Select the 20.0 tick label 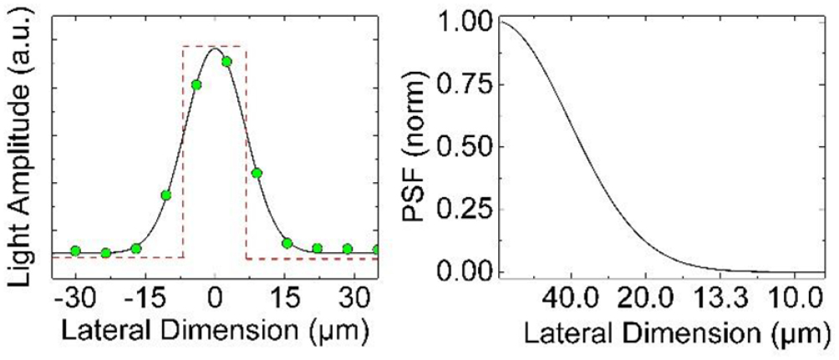pyautogui.click(x=643, y=298)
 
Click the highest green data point pyautogui.click(x=226, y=61)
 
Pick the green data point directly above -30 pyautogui.click(x=75, y=251)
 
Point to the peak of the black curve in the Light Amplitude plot pyautogui.click(x=215, y=48)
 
